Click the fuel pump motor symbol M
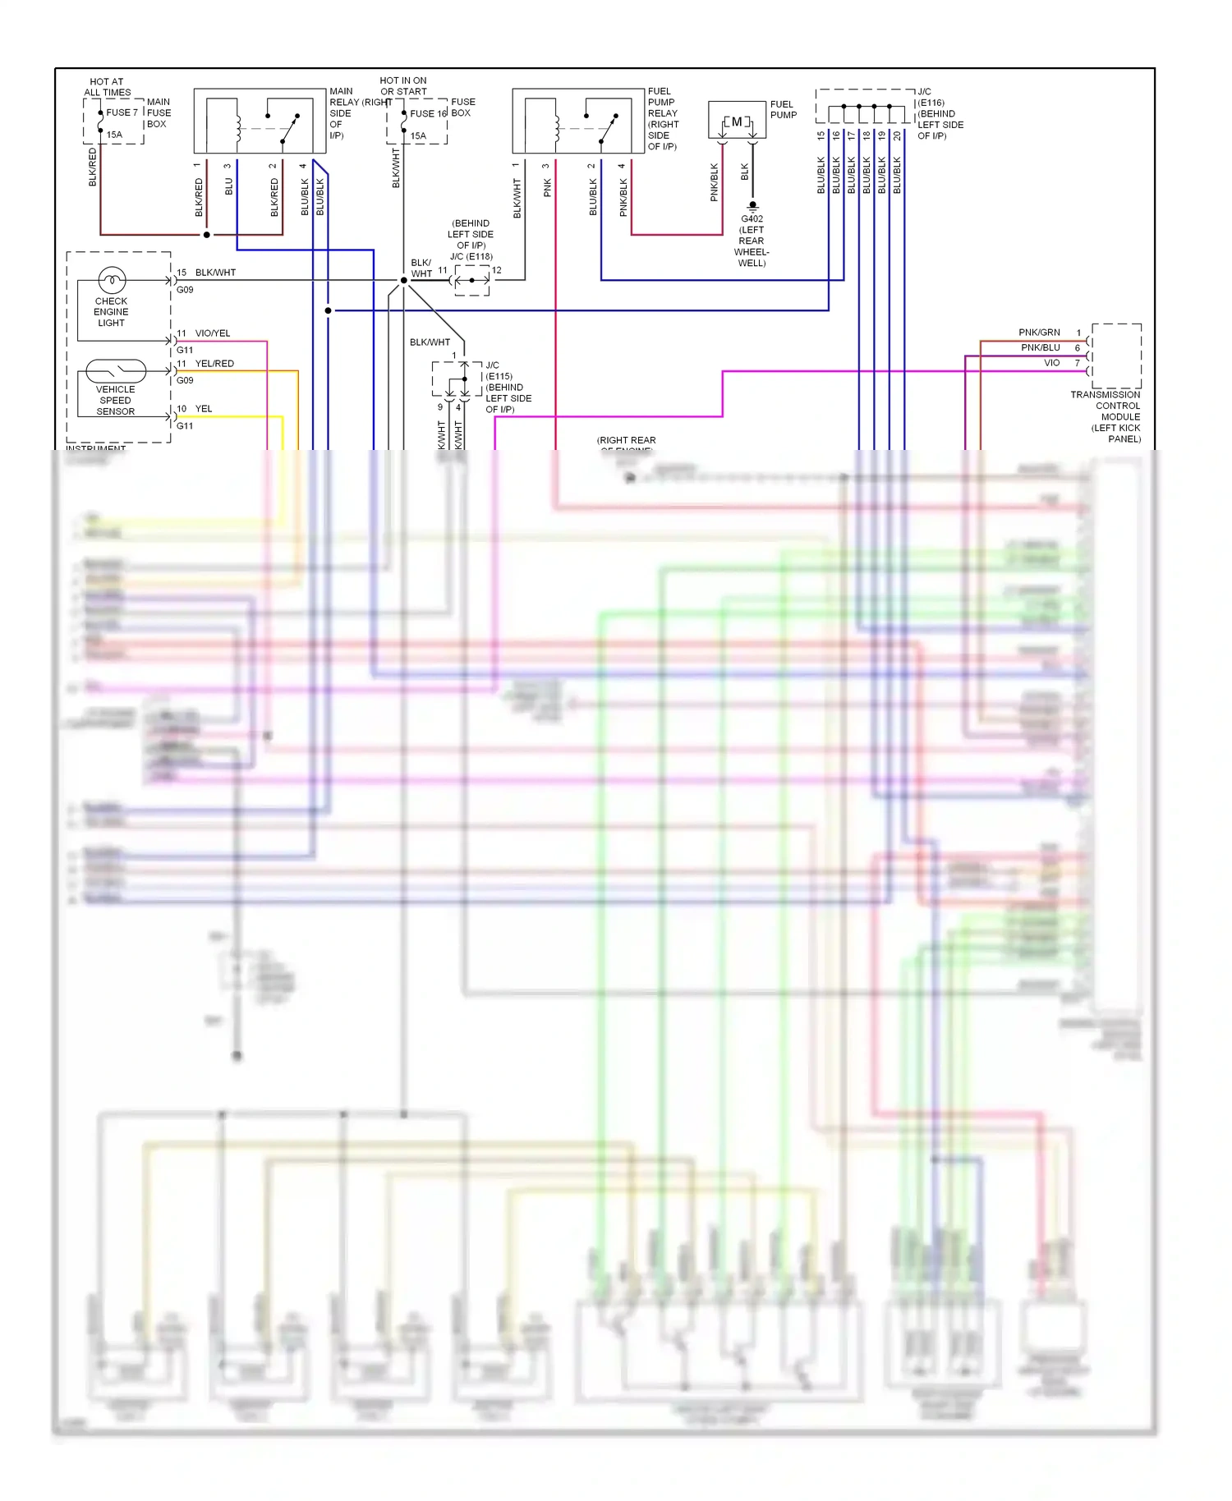(x=737, y=122)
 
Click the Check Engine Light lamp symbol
(x=112, y=280)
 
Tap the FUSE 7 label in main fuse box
(x=122, y=112)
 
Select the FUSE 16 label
(x=428, y=113)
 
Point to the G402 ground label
(x=752, y=218)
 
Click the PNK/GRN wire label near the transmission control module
(x=1039, y=333)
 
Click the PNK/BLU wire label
(x=1040, y=347)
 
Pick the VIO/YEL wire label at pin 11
(x=213, y=333)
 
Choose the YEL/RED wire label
(x=214, y=364)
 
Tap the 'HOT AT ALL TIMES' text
(x=107, y=87)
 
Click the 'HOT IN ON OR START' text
(x=403, y=86)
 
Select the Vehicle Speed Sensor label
(x=115, y=401)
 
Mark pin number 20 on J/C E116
(x=897, y=135)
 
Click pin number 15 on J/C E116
(x=821, y=135)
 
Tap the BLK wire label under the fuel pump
(x=745, y=172)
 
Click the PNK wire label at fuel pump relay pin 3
(x=548, y=188)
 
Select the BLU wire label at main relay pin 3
(x=229, y=186)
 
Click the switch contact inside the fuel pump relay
(x=608, y=127)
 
